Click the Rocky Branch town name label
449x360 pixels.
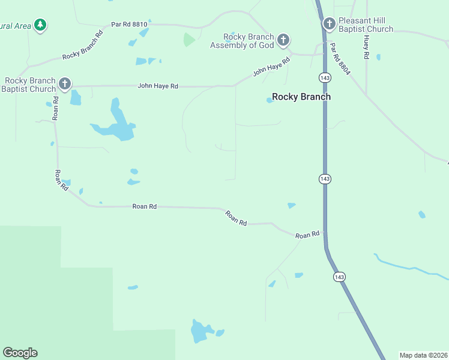click(x=301, y=97)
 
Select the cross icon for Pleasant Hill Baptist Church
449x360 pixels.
click(x=329, y=25)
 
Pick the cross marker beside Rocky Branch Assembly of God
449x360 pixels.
click(x=283, y=41)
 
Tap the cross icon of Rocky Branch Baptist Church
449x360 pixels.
click(x=65, y=83)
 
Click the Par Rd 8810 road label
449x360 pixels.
click(x=129, y=25)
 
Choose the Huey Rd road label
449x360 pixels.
click(x=366, y=46)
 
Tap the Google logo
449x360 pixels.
click(x=20, y=353)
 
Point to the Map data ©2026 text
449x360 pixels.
click(x=423, y=355)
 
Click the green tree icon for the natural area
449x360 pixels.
click(x=40, y=25)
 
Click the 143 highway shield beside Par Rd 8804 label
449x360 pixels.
click(x=325, y=77)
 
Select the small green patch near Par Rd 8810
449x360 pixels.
click(x=189, y=40)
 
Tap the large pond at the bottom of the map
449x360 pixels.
click(x=200, y=331)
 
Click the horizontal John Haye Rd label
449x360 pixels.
click(x=158, y=86)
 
